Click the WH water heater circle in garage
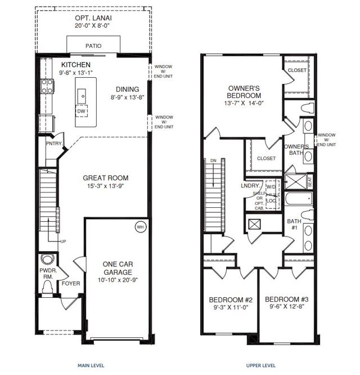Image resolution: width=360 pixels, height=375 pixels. (139, 227)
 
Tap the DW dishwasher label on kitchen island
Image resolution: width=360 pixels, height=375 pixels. (82, 111)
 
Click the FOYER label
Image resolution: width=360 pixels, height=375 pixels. (71, 283)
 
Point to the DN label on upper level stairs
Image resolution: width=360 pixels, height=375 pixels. (213, 160)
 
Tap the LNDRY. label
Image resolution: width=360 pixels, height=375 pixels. (250, 185)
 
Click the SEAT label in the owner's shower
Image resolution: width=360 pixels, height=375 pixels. (310, 182)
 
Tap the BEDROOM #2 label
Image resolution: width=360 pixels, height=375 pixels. (231, 299)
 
